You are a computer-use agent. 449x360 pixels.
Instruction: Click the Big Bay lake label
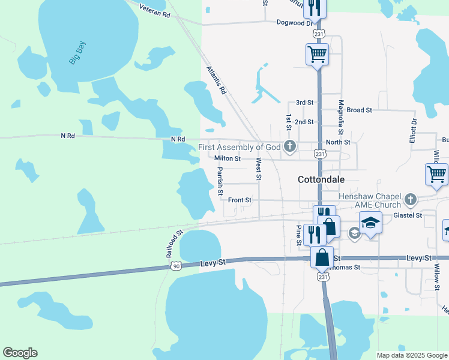[x=77, y=52]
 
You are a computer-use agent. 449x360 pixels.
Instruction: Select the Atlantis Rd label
[x=216, y=80]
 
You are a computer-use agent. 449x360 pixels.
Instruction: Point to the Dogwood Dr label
[x=295, y=23]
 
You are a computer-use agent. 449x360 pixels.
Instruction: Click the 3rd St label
[x=305, y=103]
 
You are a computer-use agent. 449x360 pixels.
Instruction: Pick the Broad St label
[x=360, y=110]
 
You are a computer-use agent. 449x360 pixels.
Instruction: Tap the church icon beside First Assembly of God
[x=290, y=146]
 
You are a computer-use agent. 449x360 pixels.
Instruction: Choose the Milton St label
[x=228, y=159]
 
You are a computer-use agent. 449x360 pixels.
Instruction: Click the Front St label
[x=240, y=200]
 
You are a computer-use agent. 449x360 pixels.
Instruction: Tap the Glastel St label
[x=408, y=215]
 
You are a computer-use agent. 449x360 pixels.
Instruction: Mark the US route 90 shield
[x=175, y=266]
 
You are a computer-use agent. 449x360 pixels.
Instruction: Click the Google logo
[x=20, y=353]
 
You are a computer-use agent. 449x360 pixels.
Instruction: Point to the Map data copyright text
[x=411, y=355]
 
